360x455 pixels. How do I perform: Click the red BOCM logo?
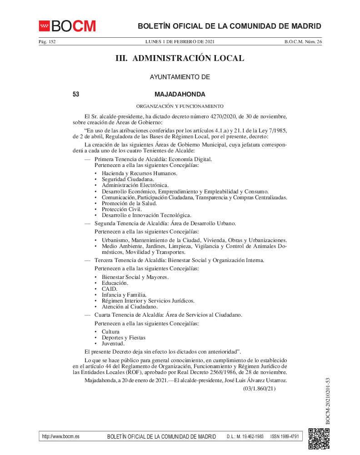[67, 26]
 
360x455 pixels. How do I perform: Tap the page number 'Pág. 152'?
[47, 42]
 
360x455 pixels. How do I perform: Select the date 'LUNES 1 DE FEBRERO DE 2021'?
[180, 42]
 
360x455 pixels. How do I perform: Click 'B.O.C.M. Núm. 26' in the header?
[303, 42]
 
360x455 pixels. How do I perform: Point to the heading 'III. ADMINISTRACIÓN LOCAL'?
[180, 58]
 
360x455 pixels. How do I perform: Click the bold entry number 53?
[76, 95]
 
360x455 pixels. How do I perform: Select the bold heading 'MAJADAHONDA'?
[180, 95]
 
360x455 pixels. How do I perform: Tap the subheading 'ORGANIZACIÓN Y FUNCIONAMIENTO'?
[180, 106]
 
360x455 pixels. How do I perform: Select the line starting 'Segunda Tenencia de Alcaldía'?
[165, 223]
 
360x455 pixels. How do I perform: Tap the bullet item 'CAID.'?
[110, 289]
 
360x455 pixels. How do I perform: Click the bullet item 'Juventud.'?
[113, 344]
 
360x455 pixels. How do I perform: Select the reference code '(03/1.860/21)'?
[259, 389]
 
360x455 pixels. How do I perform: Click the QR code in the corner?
[319, 439]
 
